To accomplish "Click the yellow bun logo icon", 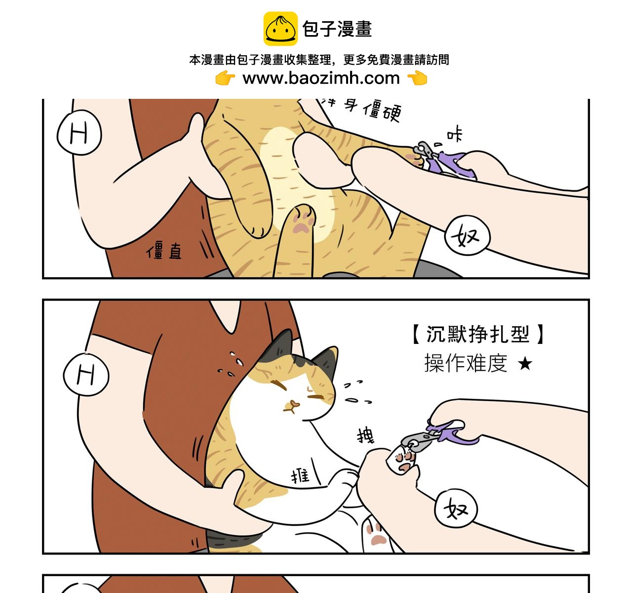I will tap(280, 29).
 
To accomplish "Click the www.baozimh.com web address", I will tap(321, 78).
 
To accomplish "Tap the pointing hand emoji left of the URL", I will tap(225, 78).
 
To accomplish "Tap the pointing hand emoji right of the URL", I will tap(417, 78).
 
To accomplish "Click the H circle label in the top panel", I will tap(79, 133).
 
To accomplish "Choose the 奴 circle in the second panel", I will tap(456, 508).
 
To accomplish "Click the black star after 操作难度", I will tap(525, 364).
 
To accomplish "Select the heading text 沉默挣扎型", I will tap(477, 335).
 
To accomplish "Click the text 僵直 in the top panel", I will tap(164, 252).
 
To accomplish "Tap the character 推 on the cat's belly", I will tap(300, 475).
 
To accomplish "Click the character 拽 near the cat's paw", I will tap(365, 435).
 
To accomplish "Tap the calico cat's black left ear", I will tap(276, 346).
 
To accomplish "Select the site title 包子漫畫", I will tap(337, 29).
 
